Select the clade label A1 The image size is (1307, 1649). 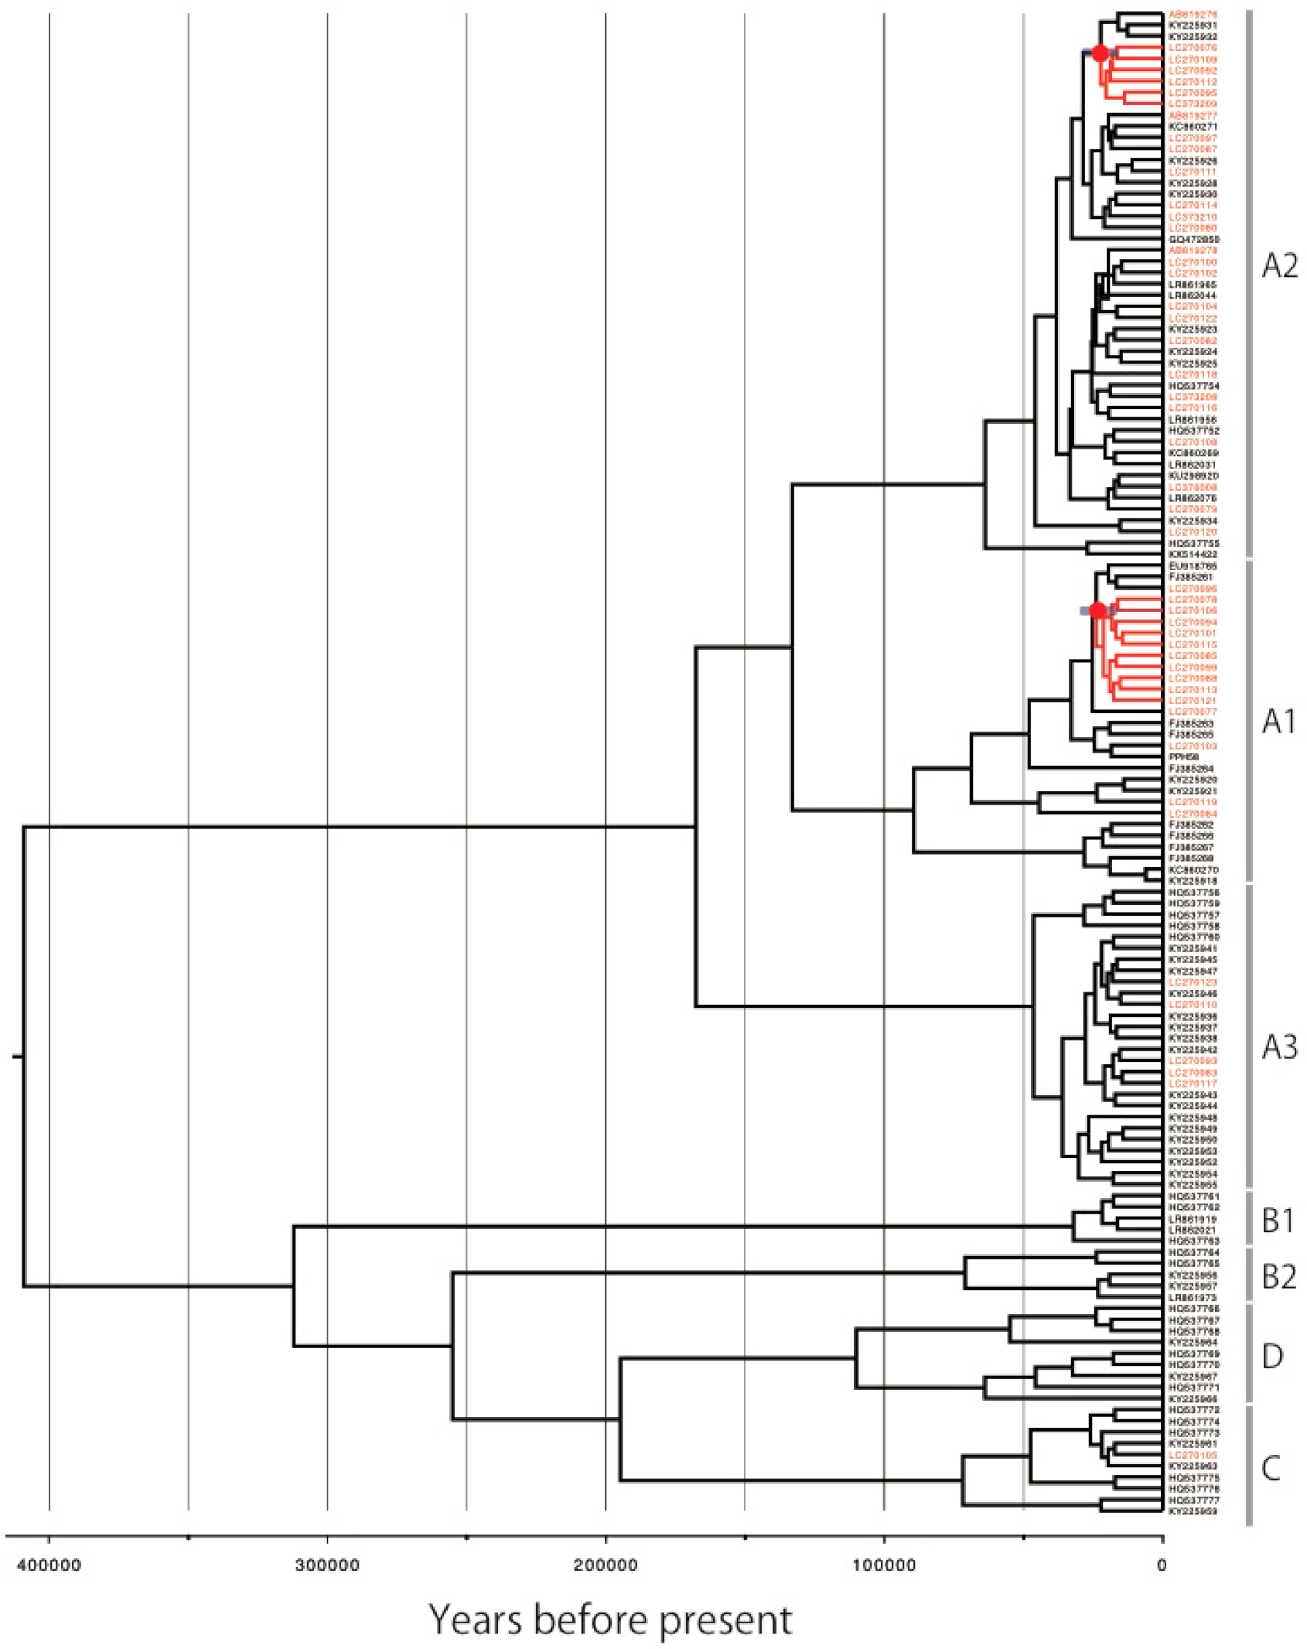[x=1278, y=722]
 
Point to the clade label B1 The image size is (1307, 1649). [x=1278, y=1221]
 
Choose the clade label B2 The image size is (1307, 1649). [x=1278, y=1277]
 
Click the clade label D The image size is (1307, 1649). [x=1272, y=1356]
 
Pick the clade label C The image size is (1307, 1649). [x=1271, y=1468]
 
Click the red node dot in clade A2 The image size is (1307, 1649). [x=1100, y=53]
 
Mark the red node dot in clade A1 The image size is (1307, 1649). [x=1097, y=611]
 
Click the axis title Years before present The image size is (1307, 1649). [x=611, y=1620]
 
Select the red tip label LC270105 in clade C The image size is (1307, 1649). [x=1193, y=1456]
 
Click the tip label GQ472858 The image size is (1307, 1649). [x=1193, y=240]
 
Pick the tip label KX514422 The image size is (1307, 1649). [x=1193, y=555]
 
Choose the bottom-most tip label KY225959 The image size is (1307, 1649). [x=1193, y=1511]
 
